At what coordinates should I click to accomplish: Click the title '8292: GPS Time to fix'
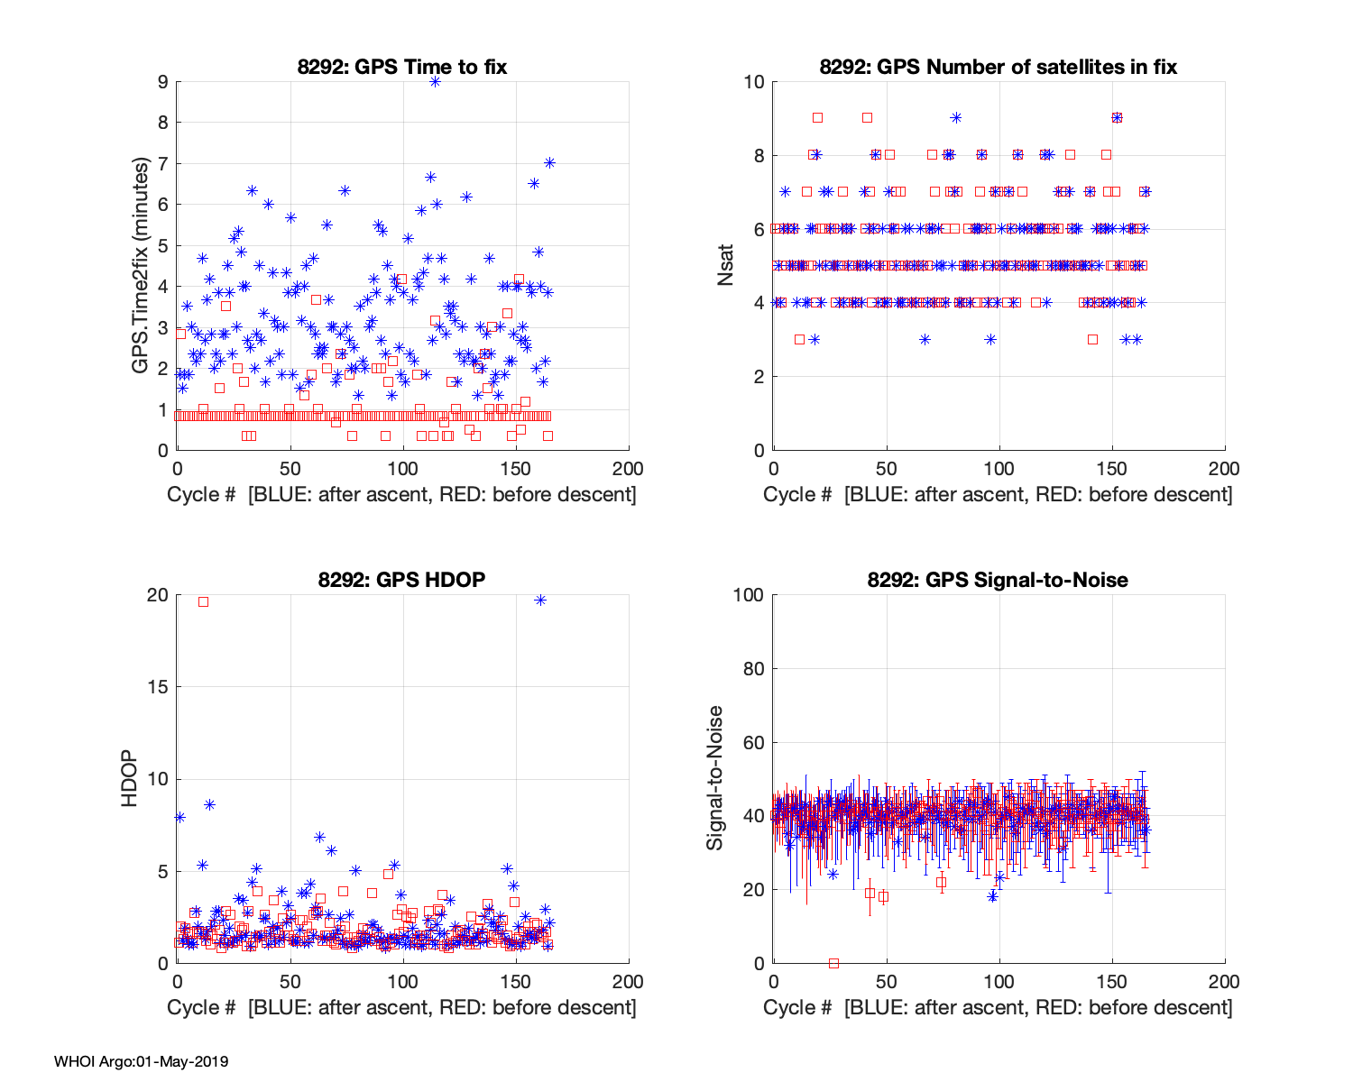(x=402, y=67)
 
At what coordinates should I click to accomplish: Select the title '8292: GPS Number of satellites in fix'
(x=998, y=67)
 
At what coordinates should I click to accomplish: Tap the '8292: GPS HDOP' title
(x=401, y=579)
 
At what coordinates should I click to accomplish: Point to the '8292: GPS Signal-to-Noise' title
(x=998, y=579)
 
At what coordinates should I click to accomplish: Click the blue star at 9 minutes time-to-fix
(x=435, y=81)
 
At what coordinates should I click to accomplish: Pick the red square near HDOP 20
(x=203, y=601)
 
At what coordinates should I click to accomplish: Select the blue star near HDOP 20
(x=540, y=600)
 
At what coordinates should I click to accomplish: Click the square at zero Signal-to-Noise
(x=833, y=963)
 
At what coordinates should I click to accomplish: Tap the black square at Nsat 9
(x=817, y=117)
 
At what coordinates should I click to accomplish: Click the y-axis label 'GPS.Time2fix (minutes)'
(x=140, y=266)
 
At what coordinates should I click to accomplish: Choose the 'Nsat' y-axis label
(x=726, y=266)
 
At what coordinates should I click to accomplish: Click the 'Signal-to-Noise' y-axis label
(x=714, y=778)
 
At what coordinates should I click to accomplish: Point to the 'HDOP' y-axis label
(x=130, y=778)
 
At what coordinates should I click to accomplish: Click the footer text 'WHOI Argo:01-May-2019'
(x=142, y=1061)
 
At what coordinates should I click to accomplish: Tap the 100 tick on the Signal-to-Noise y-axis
(x=748, y=595)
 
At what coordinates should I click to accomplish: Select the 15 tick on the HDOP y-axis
(x=158, y=687)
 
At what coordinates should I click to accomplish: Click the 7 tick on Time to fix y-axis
(x=162, y=164)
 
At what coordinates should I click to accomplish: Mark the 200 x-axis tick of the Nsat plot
(x=1224, y=469)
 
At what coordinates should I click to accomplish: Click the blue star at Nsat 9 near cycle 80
(x=956, y=117)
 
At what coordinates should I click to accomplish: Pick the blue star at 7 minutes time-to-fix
(x=548, y=162)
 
